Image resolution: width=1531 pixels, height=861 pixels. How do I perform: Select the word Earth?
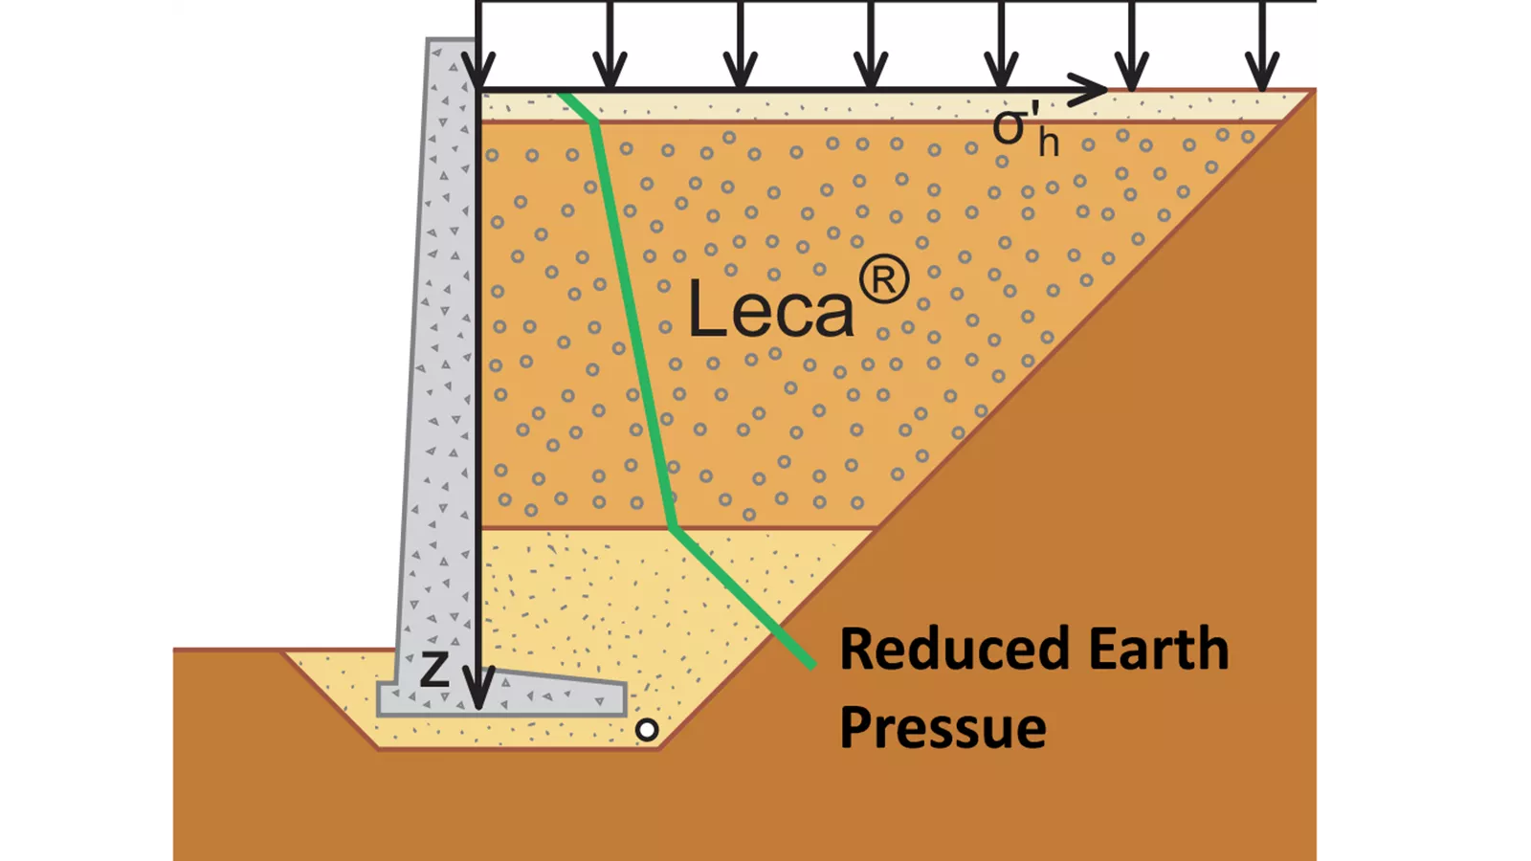(1159, 649)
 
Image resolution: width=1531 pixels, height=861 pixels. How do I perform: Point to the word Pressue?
(943, 728)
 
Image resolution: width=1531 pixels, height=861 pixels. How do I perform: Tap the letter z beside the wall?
(434, 669)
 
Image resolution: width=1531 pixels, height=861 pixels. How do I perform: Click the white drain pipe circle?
(647, 730)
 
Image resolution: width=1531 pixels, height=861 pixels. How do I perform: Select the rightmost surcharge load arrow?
(1262, 45)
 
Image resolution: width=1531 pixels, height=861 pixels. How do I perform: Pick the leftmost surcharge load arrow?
(478, 45)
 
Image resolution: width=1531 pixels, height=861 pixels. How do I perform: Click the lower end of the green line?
(812, 664)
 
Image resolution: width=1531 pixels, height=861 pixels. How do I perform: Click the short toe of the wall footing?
(387, 698)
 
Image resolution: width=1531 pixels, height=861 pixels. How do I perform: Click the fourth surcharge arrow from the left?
(871, 45)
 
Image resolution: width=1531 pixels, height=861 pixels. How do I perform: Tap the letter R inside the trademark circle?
(884, 280)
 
